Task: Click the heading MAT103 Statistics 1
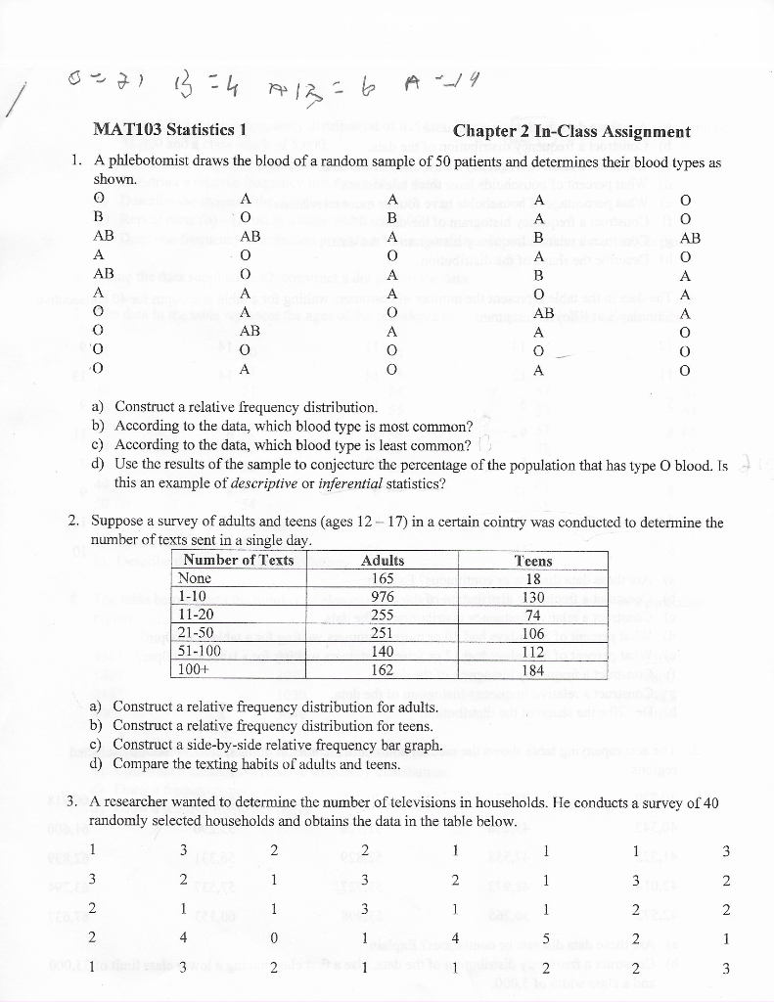(x=168, y=130)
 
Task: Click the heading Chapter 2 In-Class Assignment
(x=572, y=131)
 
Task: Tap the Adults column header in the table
(x=383, y=561)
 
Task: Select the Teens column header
(x=533, y=561)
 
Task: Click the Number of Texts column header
(x=239, y=561)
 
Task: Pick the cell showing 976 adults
(x=383, y=597)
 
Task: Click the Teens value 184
(x=533, y=670)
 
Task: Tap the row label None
(x=196, y=578)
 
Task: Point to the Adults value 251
(x=383, y=634)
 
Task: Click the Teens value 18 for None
(x=533, y=578)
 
